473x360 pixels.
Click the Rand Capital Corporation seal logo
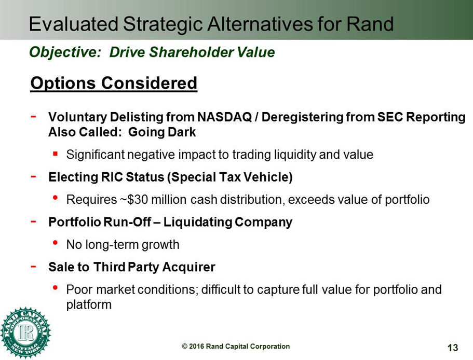point(25,333)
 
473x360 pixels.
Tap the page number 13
point(452,348)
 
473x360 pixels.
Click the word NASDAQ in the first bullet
point(224,117)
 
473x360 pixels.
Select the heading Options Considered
point(114,83)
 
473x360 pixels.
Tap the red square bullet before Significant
point(55,154)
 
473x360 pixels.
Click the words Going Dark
point(162,132)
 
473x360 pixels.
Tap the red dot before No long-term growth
point(55,243)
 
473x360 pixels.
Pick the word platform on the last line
point(89,304)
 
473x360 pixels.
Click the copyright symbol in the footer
point(184,347)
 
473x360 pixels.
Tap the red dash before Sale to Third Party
point(33,266)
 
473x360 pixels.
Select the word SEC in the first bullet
point(390,117)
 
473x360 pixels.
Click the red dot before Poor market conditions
point(55,287)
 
